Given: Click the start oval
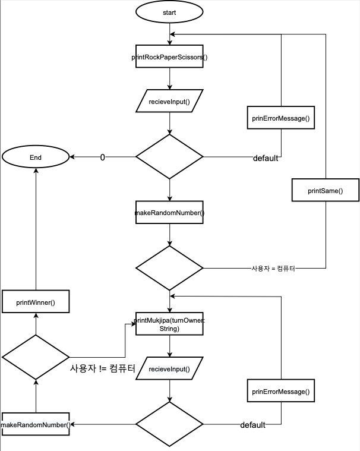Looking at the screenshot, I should [170, 12].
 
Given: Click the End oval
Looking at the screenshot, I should [36, 157].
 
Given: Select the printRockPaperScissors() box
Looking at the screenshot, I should [170, 57].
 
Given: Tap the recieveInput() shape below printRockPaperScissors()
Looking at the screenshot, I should [170, 102].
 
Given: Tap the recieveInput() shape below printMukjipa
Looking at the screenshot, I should [170, 369].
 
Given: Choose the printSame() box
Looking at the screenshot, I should [325, 191].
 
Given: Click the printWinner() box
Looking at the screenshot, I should [36, 302].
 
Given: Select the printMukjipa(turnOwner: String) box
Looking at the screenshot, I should [170, 324].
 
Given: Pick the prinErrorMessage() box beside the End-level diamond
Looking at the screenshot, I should [280, 118].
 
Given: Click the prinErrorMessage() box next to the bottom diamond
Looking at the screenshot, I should [280, 392].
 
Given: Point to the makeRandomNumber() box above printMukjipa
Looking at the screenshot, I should [170, 213].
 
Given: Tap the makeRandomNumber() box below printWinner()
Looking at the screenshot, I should [36, 424].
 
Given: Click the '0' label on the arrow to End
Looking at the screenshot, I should [102, 157].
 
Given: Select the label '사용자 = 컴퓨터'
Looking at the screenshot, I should [273, 269].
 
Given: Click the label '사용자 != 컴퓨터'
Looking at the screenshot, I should [102, 368].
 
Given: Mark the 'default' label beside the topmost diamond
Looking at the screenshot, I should [266, 158].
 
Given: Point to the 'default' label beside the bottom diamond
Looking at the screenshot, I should [252, 425].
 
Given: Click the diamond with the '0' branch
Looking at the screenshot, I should [170, 157].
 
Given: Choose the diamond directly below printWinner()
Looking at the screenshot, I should [36, 357].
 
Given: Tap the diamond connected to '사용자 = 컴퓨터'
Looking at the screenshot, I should [170, 267].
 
